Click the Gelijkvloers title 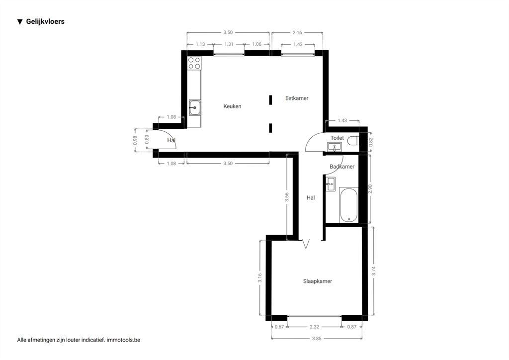(x=45, y=21)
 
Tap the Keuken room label (x=232, y=106)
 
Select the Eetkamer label (x=297, y=98)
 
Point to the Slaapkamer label (x=318, y=281)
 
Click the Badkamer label (x=342, y=167)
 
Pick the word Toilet (x=337, y=138)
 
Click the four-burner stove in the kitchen (x=194, y=63)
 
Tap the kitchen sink (x=195, y=107)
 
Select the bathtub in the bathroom (x=348, y=205)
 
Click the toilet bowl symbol (x=353, y=141)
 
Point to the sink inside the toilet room (x=335, y=147)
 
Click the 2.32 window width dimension (x=314, y=326)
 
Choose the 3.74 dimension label (x=373, y=271)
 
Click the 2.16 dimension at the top (x=297, y=32)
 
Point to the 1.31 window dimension (x=229, y=44)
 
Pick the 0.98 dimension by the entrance (x=135, y=140)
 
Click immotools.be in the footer (x=123, y=340)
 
